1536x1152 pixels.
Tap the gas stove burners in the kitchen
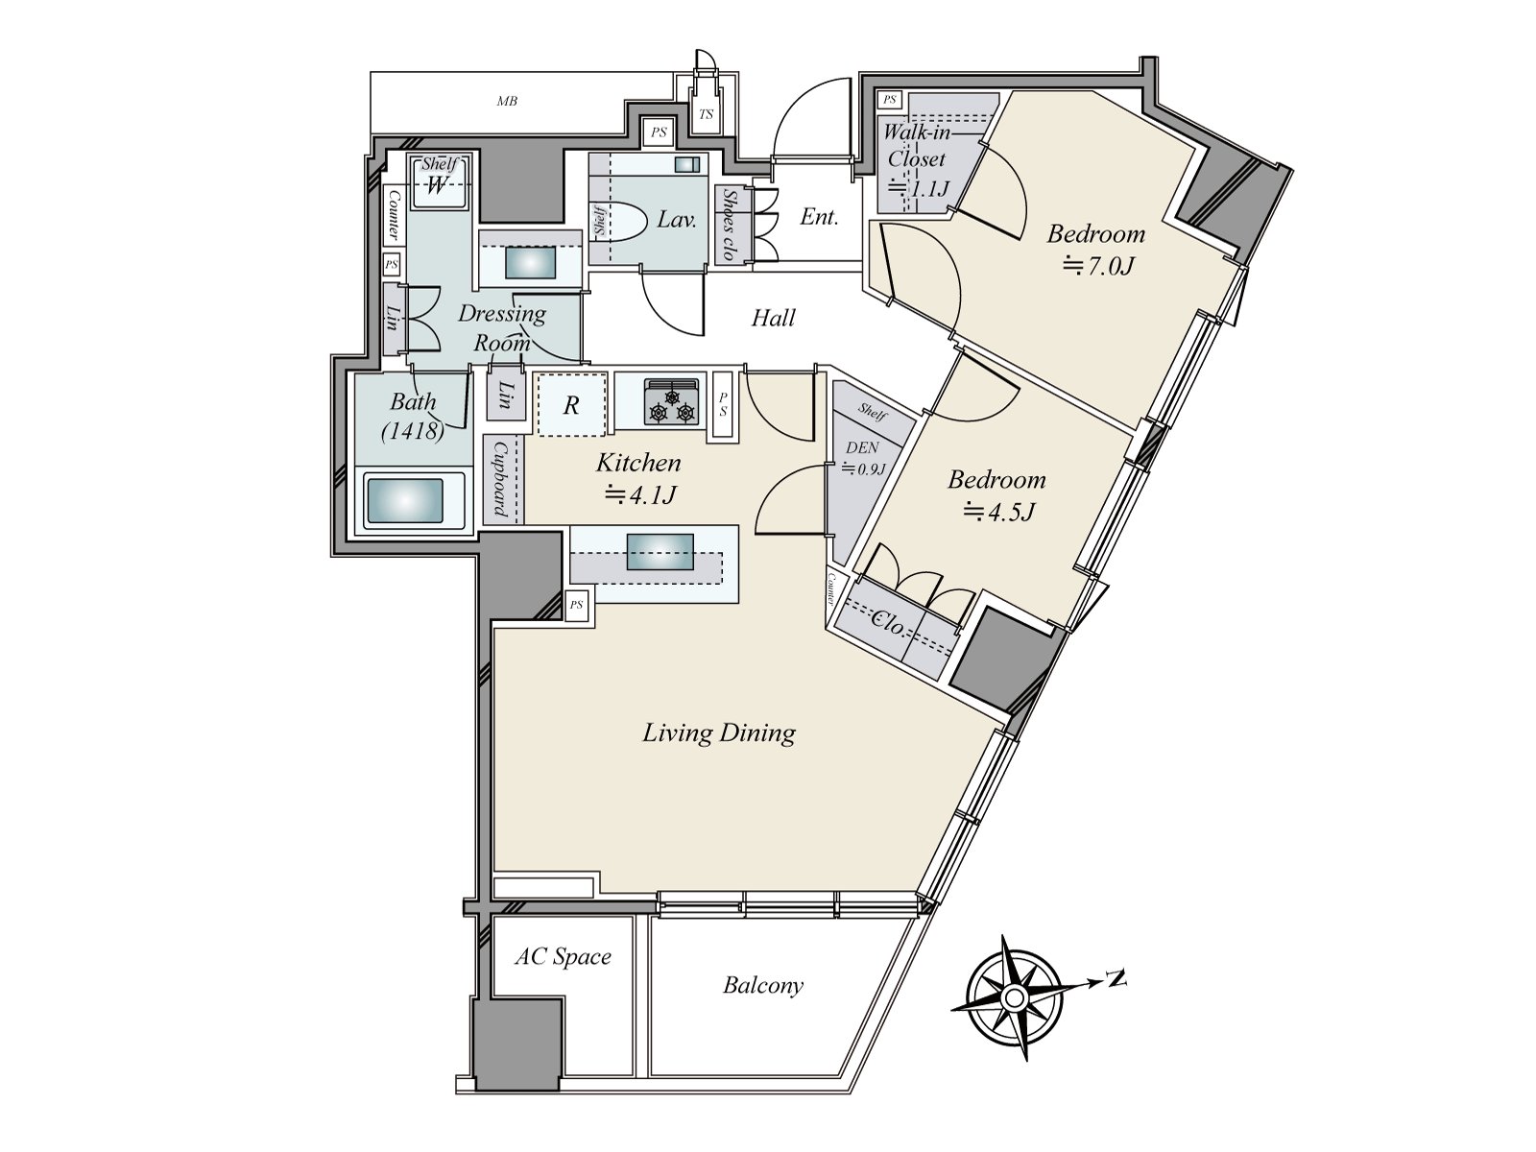[x=672, y=402]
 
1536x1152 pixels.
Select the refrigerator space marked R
[x=571, y=405]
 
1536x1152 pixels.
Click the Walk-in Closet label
[x=916, y=146]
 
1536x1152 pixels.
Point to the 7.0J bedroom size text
[x=1097, y=267]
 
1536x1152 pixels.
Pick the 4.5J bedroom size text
[x=998, y=513]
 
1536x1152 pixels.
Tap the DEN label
[x=862, y=447]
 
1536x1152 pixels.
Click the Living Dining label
[x=719, y=733]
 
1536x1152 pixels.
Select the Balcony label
[x=763, y=986]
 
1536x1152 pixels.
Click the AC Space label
[x=563, y=956]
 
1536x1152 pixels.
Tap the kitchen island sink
[x=660, y=551]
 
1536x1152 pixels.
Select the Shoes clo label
[x=730, y=224]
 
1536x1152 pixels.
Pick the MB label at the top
[x=507, y=102]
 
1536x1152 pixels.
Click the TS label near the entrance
[x=706, y=114]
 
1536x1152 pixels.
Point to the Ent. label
[x=819, y=217]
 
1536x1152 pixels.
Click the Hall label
[x=773, y=319]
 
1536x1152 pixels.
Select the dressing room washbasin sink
[x=531, y=264]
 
